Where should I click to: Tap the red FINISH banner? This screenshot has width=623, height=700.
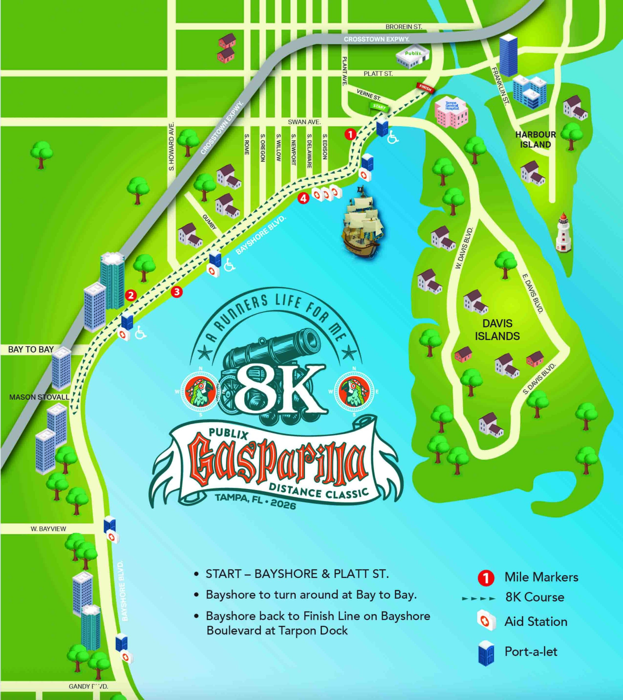[425, 88]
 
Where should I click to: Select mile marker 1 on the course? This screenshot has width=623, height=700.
[350, 134]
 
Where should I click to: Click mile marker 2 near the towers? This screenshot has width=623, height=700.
[131, 295]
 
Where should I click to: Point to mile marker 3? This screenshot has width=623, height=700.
[177, 292]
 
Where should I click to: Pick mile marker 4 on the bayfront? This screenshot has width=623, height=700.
[303, 198]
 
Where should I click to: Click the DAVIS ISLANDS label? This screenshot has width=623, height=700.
[497, 329]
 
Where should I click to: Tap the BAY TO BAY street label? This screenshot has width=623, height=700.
[31, 349]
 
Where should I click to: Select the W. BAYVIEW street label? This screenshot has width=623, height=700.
[48, 529]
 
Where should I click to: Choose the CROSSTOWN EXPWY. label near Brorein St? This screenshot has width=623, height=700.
[377, 39]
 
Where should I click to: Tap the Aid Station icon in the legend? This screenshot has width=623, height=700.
[486, 620]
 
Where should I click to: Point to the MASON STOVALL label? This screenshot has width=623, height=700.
[39, 397]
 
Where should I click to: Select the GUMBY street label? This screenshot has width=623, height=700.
[209, 222]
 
